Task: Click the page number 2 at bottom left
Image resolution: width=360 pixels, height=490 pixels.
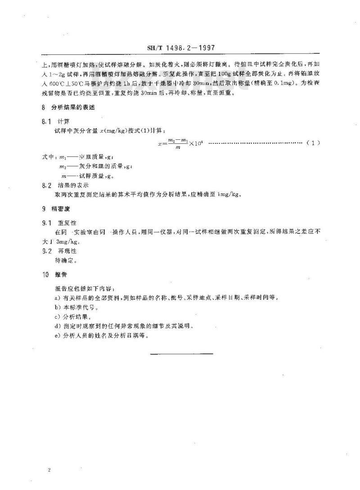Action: [48, 458]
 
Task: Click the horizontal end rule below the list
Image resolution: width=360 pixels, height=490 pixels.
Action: [182, 354]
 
